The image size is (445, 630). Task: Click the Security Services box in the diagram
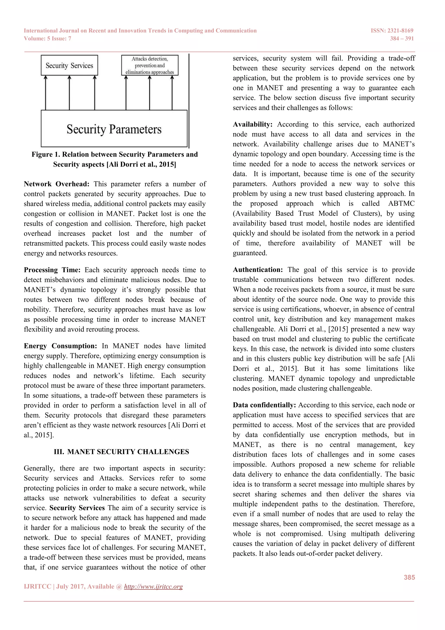(69, 65)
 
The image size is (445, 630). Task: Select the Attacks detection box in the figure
(150, 65)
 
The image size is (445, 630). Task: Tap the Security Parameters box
(114, 129)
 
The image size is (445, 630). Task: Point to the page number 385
(409, 577)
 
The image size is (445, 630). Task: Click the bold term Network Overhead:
(56, 184)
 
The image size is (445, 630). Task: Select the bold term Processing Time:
(52, 270)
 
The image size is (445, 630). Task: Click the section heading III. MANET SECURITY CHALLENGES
(121, 452)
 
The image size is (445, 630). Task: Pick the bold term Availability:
(252, 124)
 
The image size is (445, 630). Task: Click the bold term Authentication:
(257, 270)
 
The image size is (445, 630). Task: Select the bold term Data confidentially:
(264, 405)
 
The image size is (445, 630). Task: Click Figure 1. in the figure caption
(46, 154)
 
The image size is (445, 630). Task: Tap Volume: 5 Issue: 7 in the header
(47, 39)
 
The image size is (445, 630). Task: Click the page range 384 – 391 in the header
(402, 39)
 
